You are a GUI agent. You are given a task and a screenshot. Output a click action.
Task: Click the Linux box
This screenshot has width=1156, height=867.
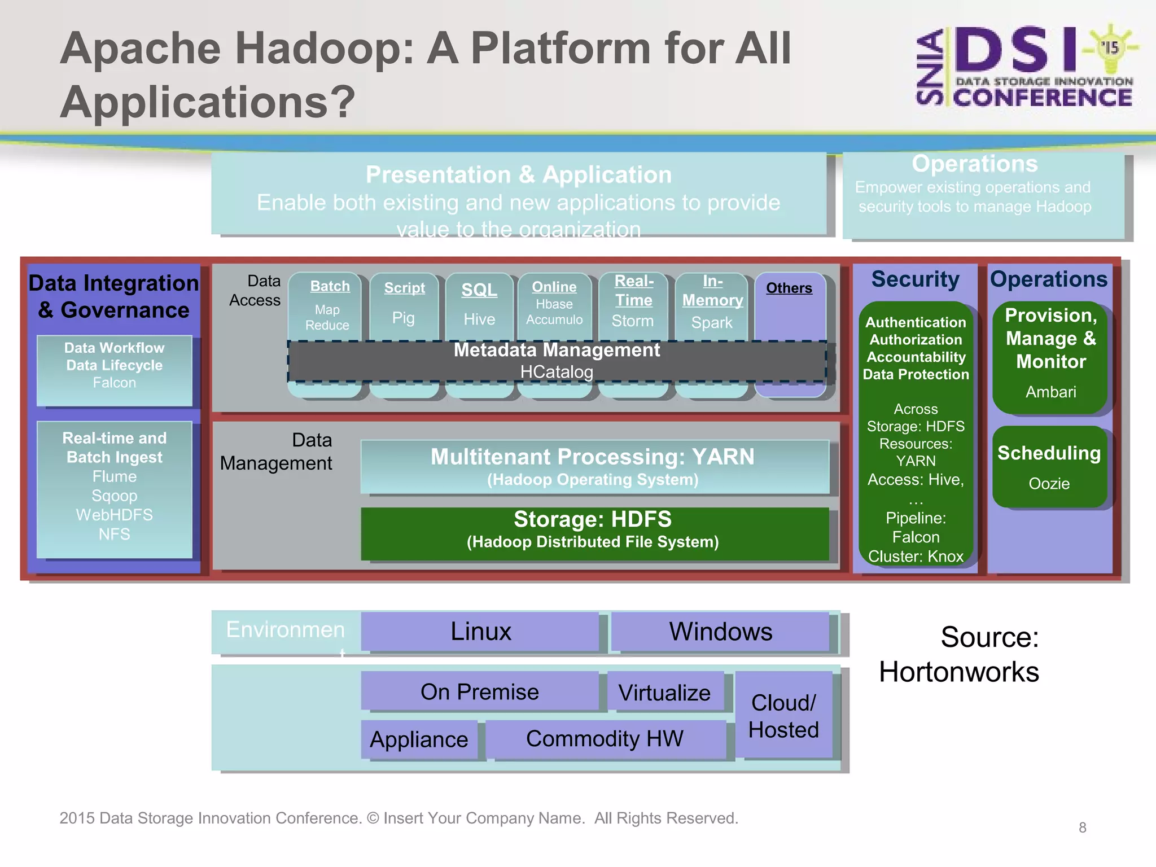coord(480,631)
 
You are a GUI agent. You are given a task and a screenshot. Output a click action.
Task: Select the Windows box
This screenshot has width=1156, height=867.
coord(720,631)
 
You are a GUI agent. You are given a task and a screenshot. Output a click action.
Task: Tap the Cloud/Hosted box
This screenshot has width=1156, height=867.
coord(783,715)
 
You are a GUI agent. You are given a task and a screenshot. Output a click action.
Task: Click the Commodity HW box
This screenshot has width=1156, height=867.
coord(605,739)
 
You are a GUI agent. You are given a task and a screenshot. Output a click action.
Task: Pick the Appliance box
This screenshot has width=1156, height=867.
coord(419,739)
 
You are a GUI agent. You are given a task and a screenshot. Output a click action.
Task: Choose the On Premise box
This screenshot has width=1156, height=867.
coord(480,691)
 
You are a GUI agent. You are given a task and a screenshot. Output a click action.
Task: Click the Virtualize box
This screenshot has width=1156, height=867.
coord(665,692)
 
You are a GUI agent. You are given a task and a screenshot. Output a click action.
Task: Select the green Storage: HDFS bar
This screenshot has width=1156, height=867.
coord(594,533)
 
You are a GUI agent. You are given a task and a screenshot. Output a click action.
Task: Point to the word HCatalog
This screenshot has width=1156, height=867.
coord(557,372)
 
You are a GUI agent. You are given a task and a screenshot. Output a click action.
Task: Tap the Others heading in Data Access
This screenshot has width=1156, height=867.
coord(789,288)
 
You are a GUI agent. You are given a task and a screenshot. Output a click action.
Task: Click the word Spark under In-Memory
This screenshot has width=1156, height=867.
coord(712,323)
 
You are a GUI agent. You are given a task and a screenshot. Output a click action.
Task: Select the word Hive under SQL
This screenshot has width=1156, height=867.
coord(479,319)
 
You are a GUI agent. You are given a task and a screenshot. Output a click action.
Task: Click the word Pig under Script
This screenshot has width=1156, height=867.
coord(404,318)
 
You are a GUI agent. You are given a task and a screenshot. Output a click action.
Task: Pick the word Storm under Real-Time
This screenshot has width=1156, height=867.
coord(633,321)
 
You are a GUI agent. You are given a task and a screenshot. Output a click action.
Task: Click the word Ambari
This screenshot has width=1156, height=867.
coord(1050,392)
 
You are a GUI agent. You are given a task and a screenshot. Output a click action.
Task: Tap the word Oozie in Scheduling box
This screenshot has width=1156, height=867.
coord(1049,484)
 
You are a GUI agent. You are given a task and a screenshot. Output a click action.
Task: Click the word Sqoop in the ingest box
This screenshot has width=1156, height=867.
coord(115,496)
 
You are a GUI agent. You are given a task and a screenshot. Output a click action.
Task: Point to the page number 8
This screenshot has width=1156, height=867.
coord(1082,827)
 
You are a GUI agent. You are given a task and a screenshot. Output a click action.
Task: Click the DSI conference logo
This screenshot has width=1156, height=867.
coord(1025,67)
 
